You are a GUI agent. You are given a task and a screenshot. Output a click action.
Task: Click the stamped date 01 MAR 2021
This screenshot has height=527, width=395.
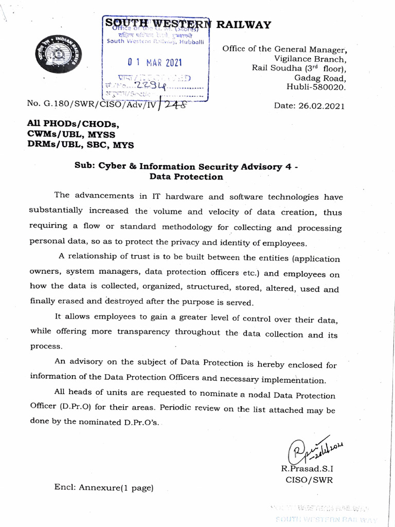coord(155,63)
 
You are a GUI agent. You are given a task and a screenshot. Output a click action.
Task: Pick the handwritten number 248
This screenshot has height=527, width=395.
coord(174,104)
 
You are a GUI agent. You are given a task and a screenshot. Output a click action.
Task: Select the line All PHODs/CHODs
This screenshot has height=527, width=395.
coord(73,125)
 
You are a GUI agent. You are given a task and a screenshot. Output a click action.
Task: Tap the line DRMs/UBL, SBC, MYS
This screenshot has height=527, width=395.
coord(80,145)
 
